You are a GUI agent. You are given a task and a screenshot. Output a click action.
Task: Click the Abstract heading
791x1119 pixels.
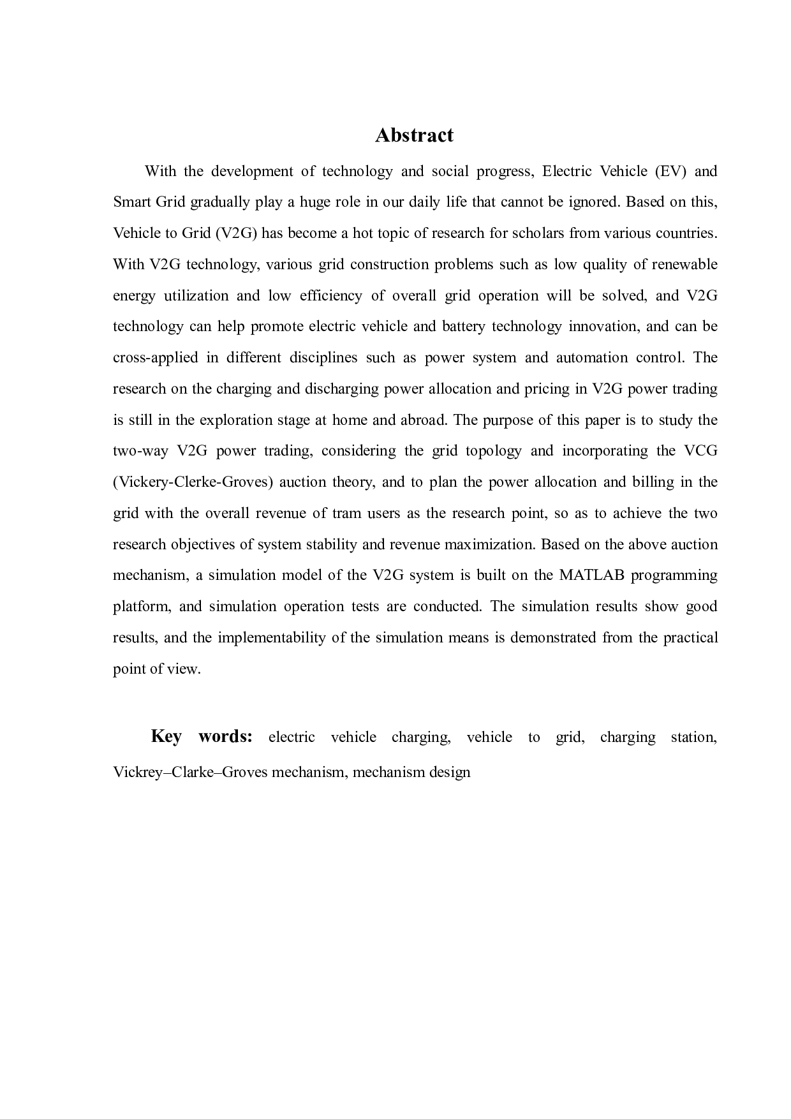(414, 135)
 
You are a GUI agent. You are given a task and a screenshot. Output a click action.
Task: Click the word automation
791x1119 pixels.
(591, 357)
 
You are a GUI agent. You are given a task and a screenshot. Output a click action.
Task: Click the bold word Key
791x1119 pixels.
(166, 736)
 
